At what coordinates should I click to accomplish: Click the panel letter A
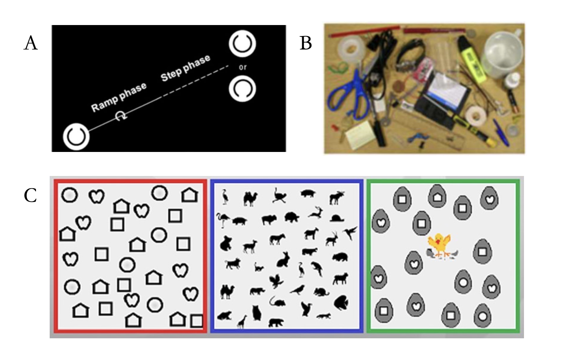pyautogui.click(x=31, y=43)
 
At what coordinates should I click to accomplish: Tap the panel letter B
pyautogui.click(x=306, y=43)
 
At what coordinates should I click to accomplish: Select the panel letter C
pyautogui.click(x=30, y=196)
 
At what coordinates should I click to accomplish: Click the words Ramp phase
pyautogui.click(x=119, y=97)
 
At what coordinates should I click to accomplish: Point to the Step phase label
pyautogui.click(x=185, y=68)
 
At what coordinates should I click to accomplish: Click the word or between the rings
pyautogui.click(x=243, y=67)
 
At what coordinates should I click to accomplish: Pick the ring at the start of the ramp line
pyautogui.click(x=76, y=137)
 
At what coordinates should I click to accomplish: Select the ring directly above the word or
pyautogui.click(x=242, y=44)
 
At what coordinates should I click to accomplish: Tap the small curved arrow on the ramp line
pyautogui.click(x=120, y=116)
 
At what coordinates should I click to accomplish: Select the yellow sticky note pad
pyautogui.click(x=359, y=135)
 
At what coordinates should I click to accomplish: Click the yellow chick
pyautogui.click(x=440, y=245)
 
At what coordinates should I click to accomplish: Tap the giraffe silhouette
pyautogui.click(x=241, y=321)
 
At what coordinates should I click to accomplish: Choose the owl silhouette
pyautogui.click(x=256, y=313)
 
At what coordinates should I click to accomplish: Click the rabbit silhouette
pyautogui.click(x=283, y=259)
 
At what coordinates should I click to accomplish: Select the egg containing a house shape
pyautogui.click(x=437, y=197)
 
